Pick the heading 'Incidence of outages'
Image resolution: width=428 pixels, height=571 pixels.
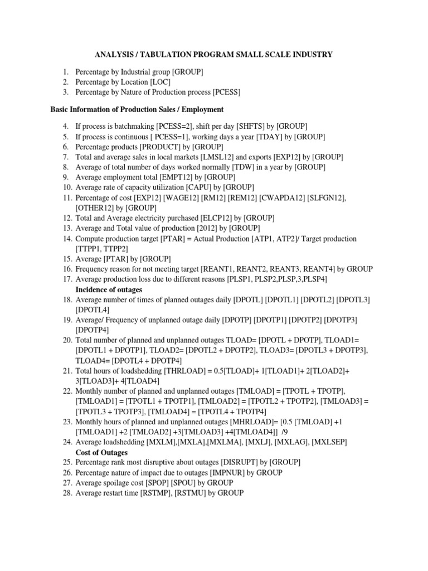(x=109, y=289)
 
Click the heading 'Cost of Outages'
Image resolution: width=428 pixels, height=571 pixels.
(x=101, y=452)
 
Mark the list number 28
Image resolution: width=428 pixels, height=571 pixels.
(x=67, y=493)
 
